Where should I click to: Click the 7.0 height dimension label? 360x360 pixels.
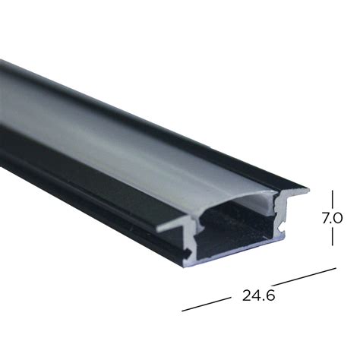click(333, 218)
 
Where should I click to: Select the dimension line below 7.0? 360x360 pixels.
click(332, 235)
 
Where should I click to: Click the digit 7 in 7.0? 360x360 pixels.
click(325, 218)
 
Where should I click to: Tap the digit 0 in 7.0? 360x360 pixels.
click(339, 218)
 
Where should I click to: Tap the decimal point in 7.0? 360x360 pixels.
click(331, 223)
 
